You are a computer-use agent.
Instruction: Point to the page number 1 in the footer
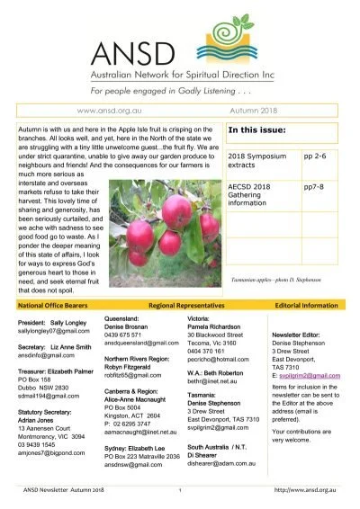pos(180,489)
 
